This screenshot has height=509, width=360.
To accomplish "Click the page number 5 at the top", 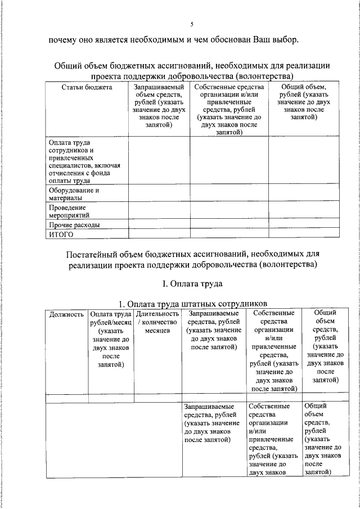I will tap(191, 24).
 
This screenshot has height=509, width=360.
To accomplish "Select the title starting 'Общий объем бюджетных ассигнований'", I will tap(191, 70).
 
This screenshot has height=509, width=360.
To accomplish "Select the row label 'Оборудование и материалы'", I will tap(74, 194).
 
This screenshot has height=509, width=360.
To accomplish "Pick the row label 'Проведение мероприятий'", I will tap(69, 211).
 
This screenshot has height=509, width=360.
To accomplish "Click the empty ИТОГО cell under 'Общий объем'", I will tap(303, 235).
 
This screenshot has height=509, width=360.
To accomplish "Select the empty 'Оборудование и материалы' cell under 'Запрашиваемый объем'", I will tap(159, 194).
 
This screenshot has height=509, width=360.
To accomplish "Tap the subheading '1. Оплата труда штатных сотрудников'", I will tap(191, 304).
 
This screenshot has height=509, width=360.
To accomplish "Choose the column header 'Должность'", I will tap(66, 314).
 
